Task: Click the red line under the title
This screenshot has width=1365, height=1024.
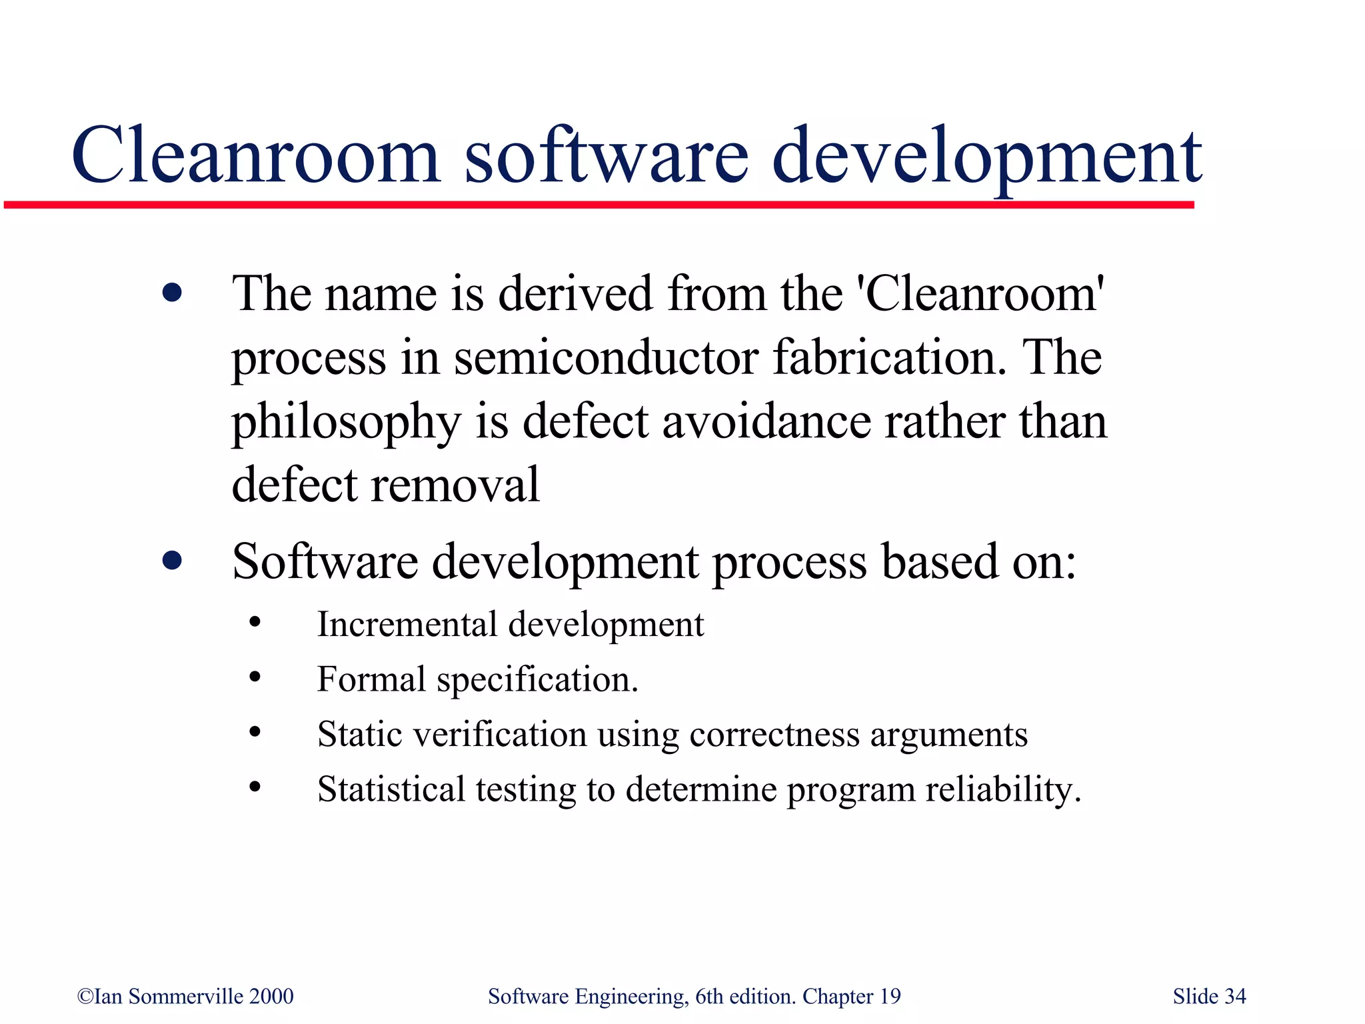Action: pyautogui.click(x=600, y=205)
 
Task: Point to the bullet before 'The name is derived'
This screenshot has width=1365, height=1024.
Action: pyautogui.click(x=172, y=293)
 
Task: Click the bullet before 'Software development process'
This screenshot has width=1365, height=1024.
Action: pyautogui.click(x=172, y=561)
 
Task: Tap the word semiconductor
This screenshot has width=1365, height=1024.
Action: pyautogui.click(x=606, y=357)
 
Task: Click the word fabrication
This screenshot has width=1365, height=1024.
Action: pyautogui.click(x=889, y=357)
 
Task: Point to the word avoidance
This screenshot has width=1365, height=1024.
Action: pyautogui.click(x=766, y=421)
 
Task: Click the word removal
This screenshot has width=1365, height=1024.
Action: pyautogui.click(x=455, y=485)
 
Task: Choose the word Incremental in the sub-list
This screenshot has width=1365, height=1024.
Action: pyautogui.click(x=407, y=625)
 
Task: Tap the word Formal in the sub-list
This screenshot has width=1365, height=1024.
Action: pyautogui.click(x=371, y=679)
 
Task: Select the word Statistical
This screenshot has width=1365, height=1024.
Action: pyautogui.click(x=391, y=789)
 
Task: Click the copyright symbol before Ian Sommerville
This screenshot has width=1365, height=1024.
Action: pyautogui.click(x=85, y=997)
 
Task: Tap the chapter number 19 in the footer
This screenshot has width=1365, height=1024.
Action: pyautogui.click(x=890, y=997)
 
